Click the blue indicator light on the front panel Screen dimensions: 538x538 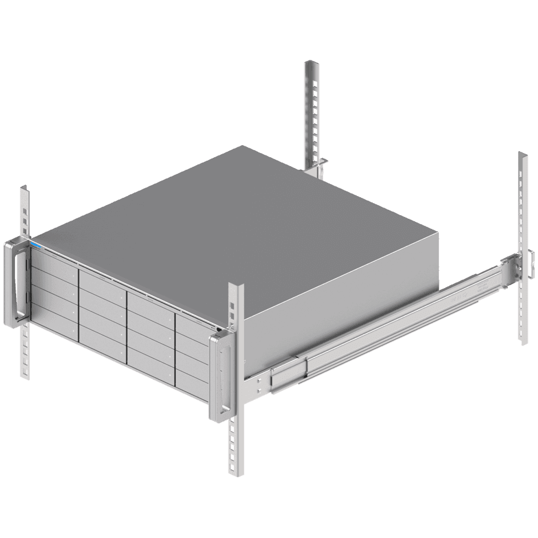[36, 244]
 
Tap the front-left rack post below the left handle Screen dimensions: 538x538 [25, 353]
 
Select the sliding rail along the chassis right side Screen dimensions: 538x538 [383, 329]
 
